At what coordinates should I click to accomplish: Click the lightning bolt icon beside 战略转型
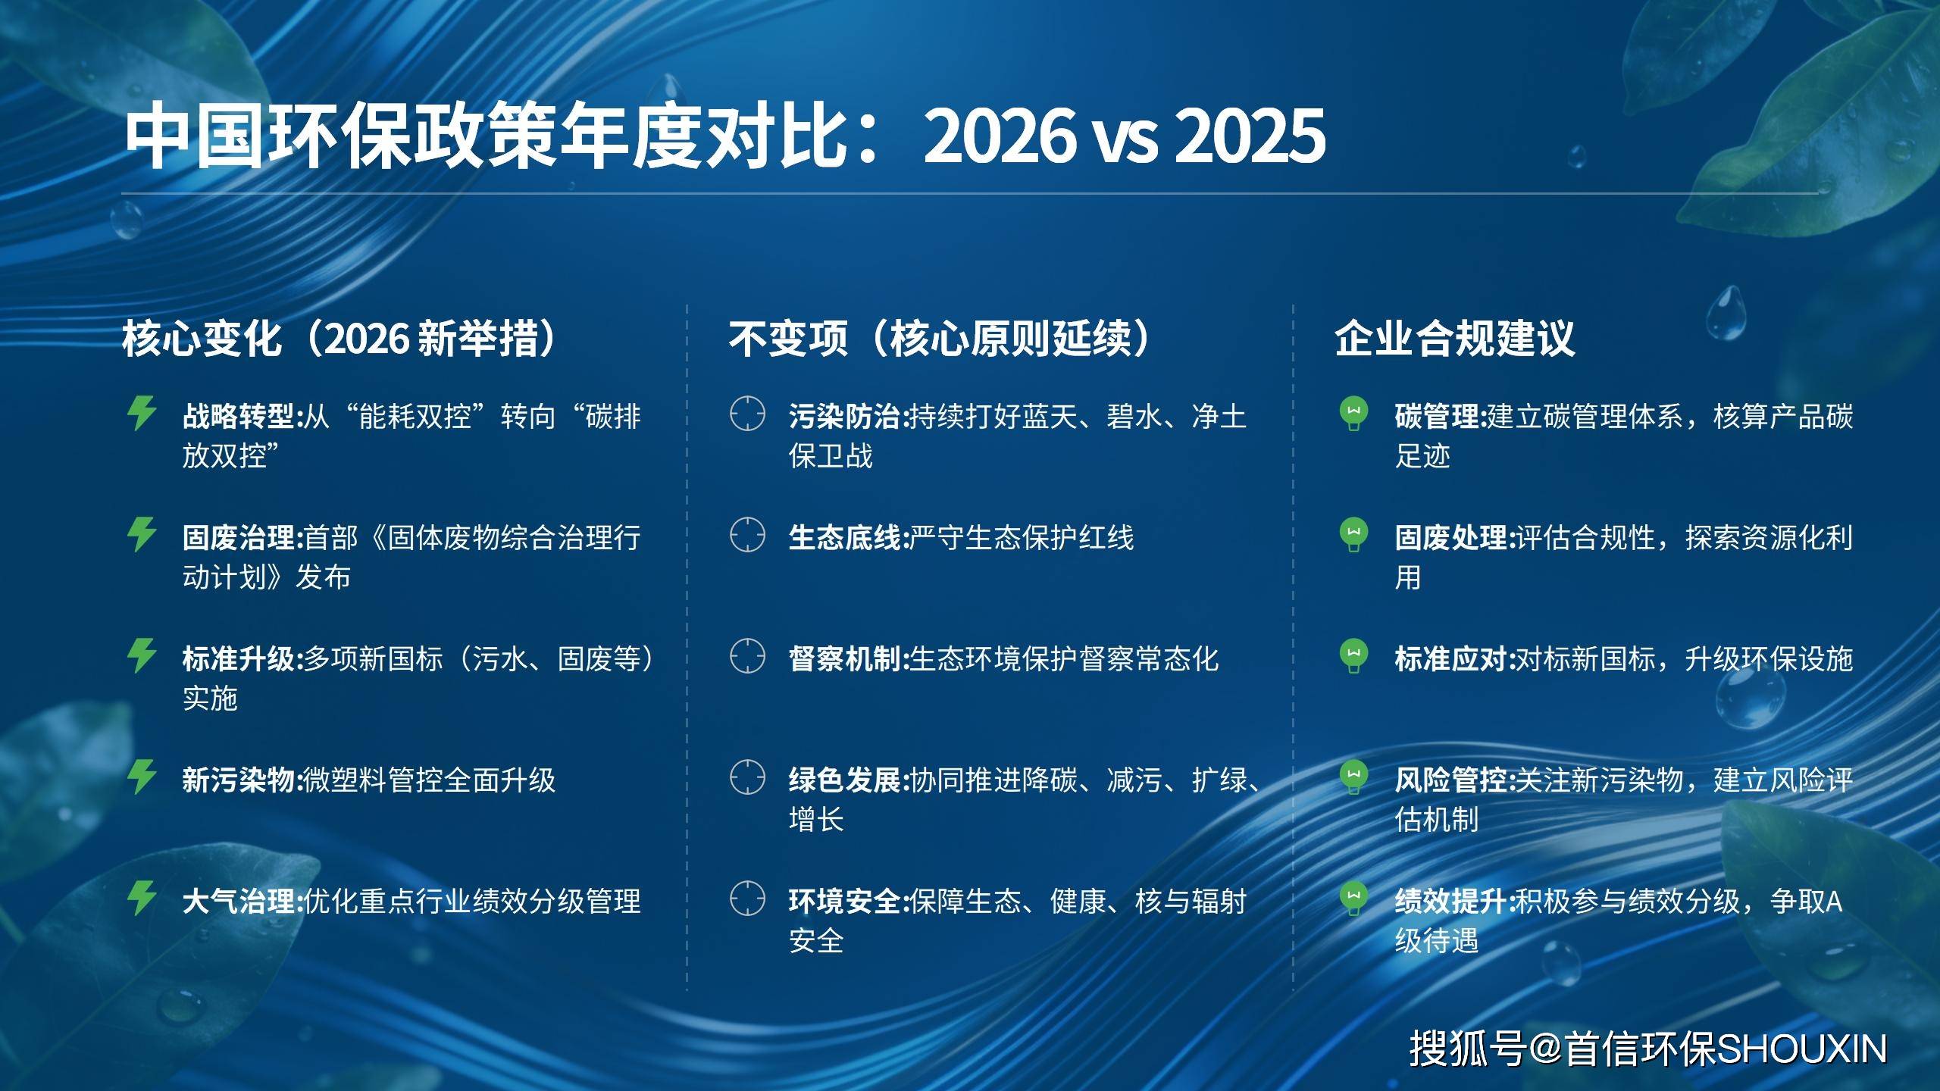142,413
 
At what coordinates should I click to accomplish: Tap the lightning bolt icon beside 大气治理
142,898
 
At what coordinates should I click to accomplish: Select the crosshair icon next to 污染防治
747,413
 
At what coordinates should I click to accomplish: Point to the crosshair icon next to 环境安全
747,898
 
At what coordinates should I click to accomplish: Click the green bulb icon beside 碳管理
1354,414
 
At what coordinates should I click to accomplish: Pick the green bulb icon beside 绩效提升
1354,899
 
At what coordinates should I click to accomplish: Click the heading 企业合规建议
1455,338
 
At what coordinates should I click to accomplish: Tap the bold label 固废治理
240,538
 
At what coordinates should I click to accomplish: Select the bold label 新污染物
240,780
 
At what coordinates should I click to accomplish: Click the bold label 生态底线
846,538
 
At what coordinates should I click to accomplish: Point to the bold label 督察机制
846,659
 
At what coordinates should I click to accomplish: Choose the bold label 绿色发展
846,780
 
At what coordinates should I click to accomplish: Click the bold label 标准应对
1453,659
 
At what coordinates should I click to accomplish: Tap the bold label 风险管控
1453,780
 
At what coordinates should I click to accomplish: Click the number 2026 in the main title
1000,136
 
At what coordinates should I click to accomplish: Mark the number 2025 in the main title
1250,136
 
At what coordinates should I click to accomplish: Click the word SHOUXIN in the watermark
1801,1049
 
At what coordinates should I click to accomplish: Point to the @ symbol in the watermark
1546,1050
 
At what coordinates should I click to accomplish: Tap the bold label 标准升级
240,659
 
